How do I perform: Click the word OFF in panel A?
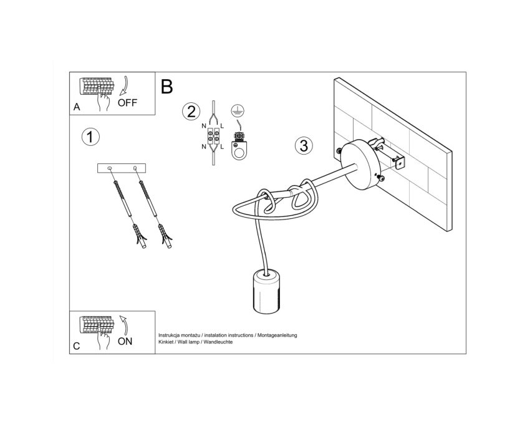[127, 102]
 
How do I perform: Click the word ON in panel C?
[125, 342]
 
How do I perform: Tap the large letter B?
[166, 87]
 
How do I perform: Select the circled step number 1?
[90, 137]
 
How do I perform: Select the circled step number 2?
[191, 112]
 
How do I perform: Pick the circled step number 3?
[304, 146]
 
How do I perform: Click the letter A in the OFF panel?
[77, 107]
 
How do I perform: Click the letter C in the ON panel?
[77, 346]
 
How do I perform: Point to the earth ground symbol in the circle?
[238, 110]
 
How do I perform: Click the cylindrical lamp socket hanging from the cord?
[267, 291]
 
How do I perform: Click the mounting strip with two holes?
[122, 168]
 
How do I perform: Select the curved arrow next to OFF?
[123, 86]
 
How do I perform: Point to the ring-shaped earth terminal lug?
[239, 150]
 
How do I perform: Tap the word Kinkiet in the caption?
[166, 342]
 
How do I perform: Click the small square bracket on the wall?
[400, 163]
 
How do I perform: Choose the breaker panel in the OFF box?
[97, 87]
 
